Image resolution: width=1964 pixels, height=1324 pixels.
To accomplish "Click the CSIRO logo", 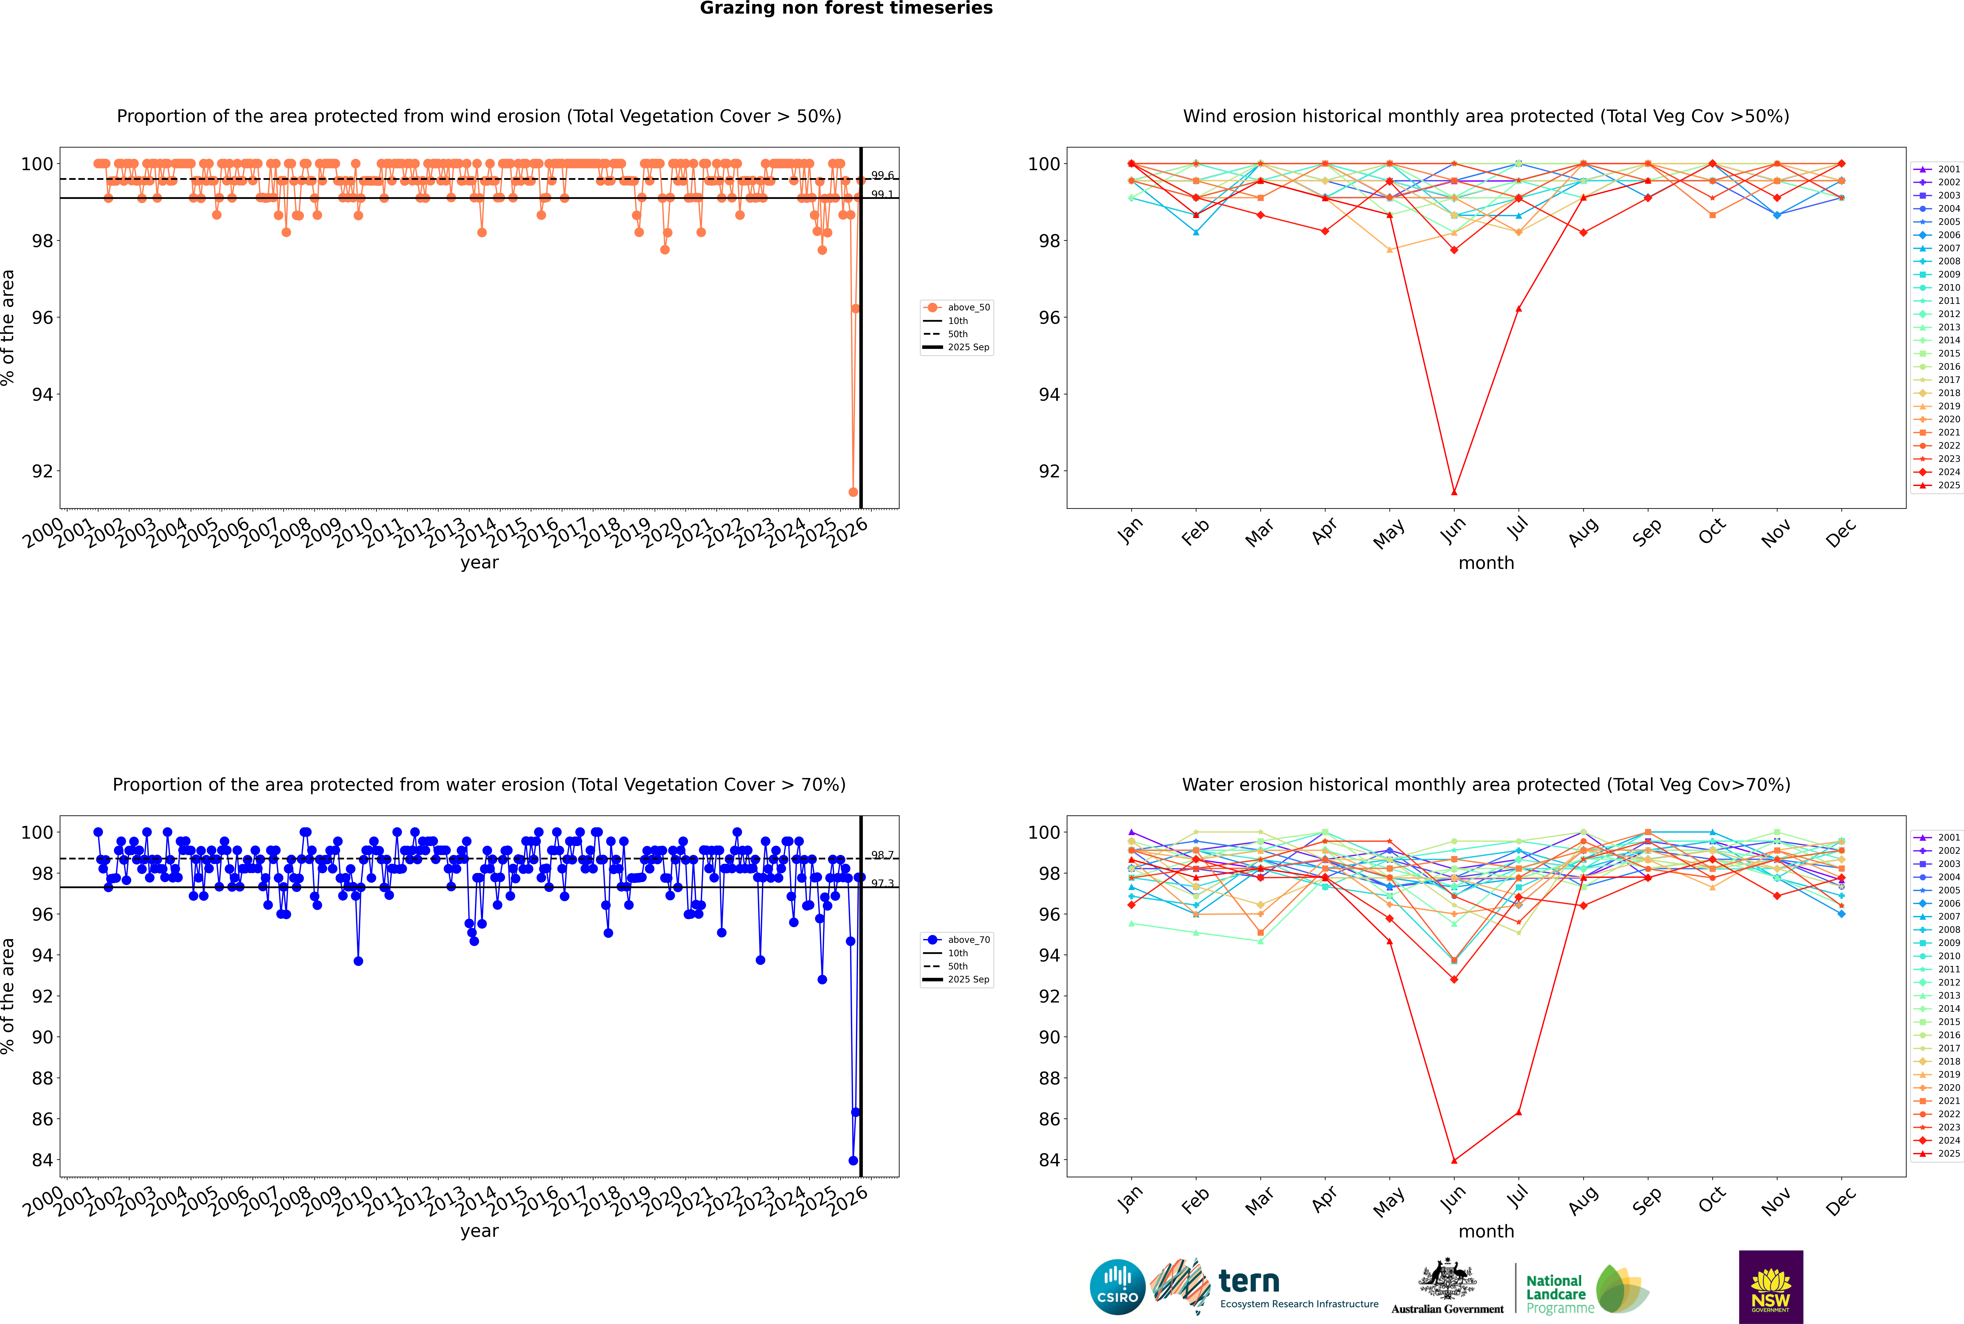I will click(x=1117, y=1287).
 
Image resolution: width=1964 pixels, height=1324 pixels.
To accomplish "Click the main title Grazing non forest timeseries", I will click(x=846, y=8).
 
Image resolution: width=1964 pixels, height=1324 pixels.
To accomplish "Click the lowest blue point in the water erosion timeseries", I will click(x=853, y=1160).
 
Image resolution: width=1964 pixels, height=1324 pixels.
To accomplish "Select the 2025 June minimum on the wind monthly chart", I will click(x=1454, y=492).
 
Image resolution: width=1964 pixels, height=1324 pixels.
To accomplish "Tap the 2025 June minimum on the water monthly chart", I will click(x=1454, y=1160).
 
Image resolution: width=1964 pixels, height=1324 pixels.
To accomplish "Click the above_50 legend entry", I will click(x=968, y=307).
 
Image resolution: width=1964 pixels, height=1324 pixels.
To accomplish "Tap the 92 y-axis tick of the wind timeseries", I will click(x=42, y=471).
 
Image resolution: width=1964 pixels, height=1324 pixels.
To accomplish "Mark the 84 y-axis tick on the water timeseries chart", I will click(x=42, y=1160).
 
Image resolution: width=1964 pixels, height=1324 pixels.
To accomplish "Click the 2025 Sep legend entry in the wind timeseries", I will click(x=968, y=347).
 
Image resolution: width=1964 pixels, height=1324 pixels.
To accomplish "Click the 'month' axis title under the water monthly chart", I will click(x=1486, y=1231).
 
